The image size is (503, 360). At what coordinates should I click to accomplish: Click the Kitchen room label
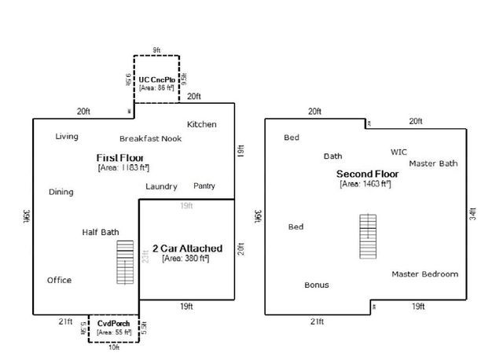pyautogui.click(x=202, y=124)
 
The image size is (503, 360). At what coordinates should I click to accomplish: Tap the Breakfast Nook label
pyautogui.click(x=151, y=138)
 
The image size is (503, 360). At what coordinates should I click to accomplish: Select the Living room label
pyautogui.click(x=67, y=137)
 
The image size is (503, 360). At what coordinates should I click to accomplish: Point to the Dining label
pyautogui.click(x=61, y=192)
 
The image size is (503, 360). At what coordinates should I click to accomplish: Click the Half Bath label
pyautogui.click(x=101, y=232)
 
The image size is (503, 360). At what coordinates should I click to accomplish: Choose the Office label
pyautogui.click(x=59, y=280)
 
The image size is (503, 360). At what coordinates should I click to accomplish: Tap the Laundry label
pyautogui.click(x=161, y=186)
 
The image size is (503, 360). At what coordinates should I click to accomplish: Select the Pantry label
pyautogui.click(x=204, y=186)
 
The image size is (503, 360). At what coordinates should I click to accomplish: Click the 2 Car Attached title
pyautogui.click(x=186, y=248)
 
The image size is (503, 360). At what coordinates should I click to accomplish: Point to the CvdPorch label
pyautogui.click(x=114, y=323)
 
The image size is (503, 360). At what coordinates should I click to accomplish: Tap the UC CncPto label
pyautogui.click(x=156, y=80)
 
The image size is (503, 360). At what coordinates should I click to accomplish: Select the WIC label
pyautogui.click(x=398, y=152)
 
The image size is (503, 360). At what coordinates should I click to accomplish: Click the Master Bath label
pyautogui.click(x=433, y=163)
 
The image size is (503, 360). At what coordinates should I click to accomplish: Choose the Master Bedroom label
pyautogui.click(x=425, y=274)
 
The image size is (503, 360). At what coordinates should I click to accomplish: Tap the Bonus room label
pyautogui.click(x=317, y=285)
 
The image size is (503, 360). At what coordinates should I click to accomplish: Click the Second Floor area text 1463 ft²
pyautogui.click(x=365, y=184)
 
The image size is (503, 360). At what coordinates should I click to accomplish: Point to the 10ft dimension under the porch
pyautogui.click(x=114, y=347)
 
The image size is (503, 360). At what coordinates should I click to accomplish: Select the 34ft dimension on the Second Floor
pyautogui.click(x=472, y=214)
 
